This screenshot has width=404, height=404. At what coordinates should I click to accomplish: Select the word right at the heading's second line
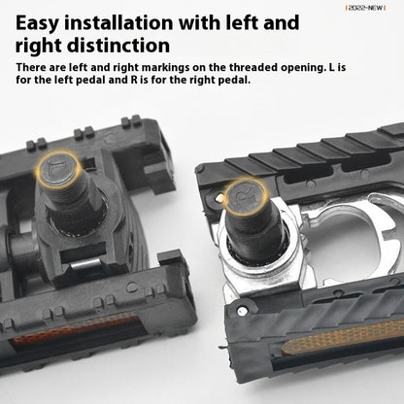(40, 45)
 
